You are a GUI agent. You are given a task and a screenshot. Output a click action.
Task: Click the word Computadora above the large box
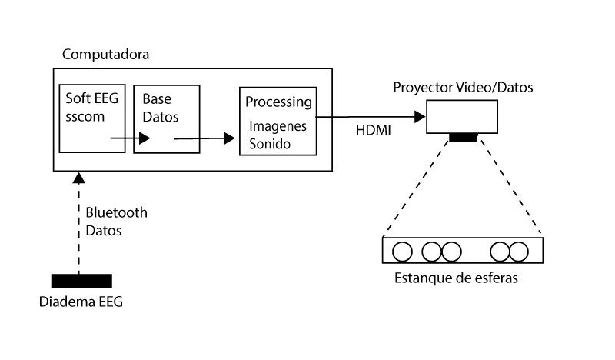pos(105,55)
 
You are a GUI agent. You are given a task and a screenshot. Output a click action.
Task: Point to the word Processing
pos(278,102)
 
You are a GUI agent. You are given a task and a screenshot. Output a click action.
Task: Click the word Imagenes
pos(276,126)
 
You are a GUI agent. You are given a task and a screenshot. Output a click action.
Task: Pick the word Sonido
pos(270,143)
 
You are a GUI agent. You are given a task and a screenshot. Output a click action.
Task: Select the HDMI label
pos(373,132)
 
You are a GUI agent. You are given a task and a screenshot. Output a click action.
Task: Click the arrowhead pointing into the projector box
pos(420,118)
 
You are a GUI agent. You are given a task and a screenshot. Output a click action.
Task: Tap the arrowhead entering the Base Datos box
pos(145,138)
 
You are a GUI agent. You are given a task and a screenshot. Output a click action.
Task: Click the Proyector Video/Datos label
pos(463,88)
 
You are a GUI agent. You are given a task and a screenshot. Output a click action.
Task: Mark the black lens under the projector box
pos(462,138)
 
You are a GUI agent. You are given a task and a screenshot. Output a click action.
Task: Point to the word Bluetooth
pos(116,212)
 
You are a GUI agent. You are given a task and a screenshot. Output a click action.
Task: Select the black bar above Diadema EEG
pos(81,279)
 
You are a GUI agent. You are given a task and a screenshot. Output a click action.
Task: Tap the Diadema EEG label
pos(81,302)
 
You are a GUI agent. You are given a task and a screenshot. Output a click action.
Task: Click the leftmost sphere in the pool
pos(402,252)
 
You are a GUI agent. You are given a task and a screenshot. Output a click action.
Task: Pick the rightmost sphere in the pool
pos(519,252)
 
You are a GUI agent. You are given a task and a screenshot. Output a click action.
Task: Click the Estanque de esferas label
pos(456,278)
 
